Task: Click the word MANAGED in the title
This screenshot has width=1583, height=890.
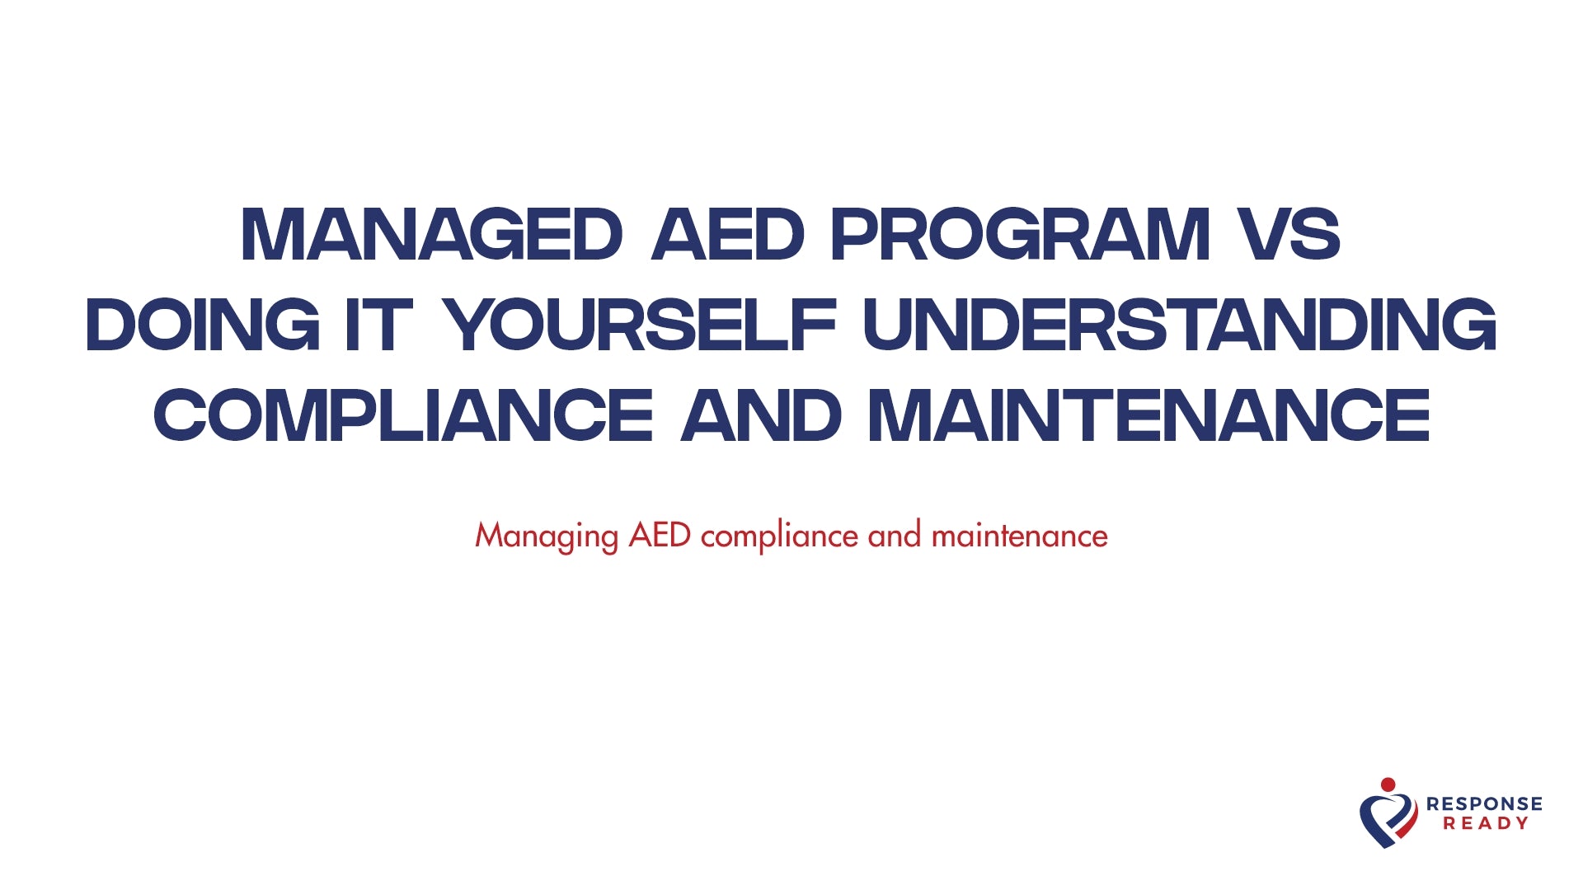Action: click(431, 235)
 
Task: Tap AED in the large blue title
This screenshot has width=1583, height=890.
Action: click(727, 235)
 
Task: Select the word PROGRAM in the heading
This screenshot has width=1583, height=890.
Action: click(1020, 235)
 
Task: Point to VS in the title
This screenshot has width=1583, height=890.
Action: click(1291, 235)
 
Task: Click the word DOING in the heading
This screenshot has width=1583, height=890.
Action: click(203, 325)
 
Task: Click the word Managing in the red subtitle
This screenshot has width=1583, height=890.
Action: click(546, 536)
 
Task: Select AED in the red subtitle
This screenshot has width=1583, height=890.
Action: click(660, 536)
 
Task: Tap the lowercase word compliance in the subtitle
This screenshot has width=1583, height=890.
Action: click(779, 536)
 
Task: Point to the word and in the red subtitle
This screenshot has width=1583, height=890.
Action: click(894, 536)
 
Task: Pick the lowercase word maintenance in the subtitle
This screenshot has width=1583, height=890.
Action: click(1019, 536)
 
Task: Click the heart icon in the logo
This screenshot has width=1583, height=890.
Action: click(1388, 819)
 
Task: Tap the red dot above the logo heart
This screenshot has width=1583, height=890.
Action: click(1388, 785)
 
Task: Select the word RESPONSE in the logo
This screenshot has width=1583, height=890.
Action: click(1484, 803)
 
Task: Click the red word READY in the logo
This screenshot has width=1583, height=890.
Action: click(1486, 823)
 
